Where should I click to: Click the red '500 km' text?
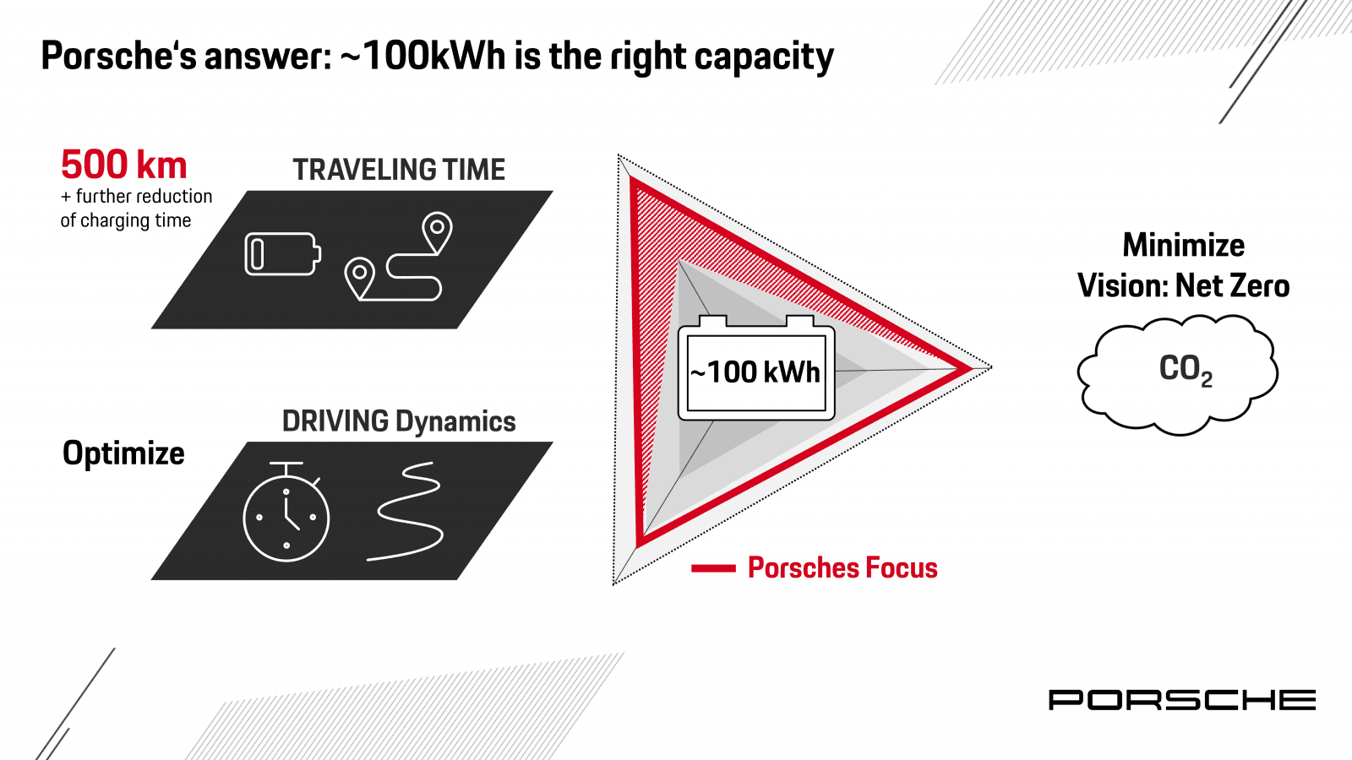(x=123, y=165)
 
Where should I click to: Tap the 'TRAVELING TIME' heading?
(x=399, y=170)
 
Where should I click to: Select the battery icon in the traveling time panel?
(x=282, y=254)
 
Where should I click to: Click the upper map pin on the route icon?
(x=438, y=232)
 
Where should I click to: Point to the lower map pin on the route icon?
(x=359, y=278)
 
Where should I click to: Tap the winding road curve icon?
(x=406, y=512)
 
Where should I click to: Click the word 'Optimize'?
(x=123, y=453)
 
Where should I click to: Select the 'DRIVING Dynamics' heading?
(x=399, y=421)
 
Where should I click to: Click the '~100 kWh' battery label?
(x=755, y=372)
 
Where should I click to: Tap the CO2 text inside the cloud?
(x=1186, y=370)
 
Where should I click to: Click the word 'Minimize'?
(x=1184, y=246)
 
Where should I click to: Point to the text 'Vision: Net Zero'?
(x=1184, y=285)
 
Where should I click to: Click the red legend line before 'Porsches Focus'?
(x=713, y=568)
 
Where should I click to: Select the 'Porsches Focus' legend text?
(x=842, y=567)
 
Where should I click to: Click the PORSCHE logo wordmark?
(x=1182, y=700)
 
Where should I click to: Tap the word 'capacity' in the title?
(x=764, y=57)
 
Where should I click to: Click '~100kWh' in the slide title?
(x=423, y=56)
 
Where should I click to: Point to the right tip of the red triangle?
(x=973, y=368)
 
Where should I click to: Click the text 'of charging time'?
(x=126, y=220)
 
